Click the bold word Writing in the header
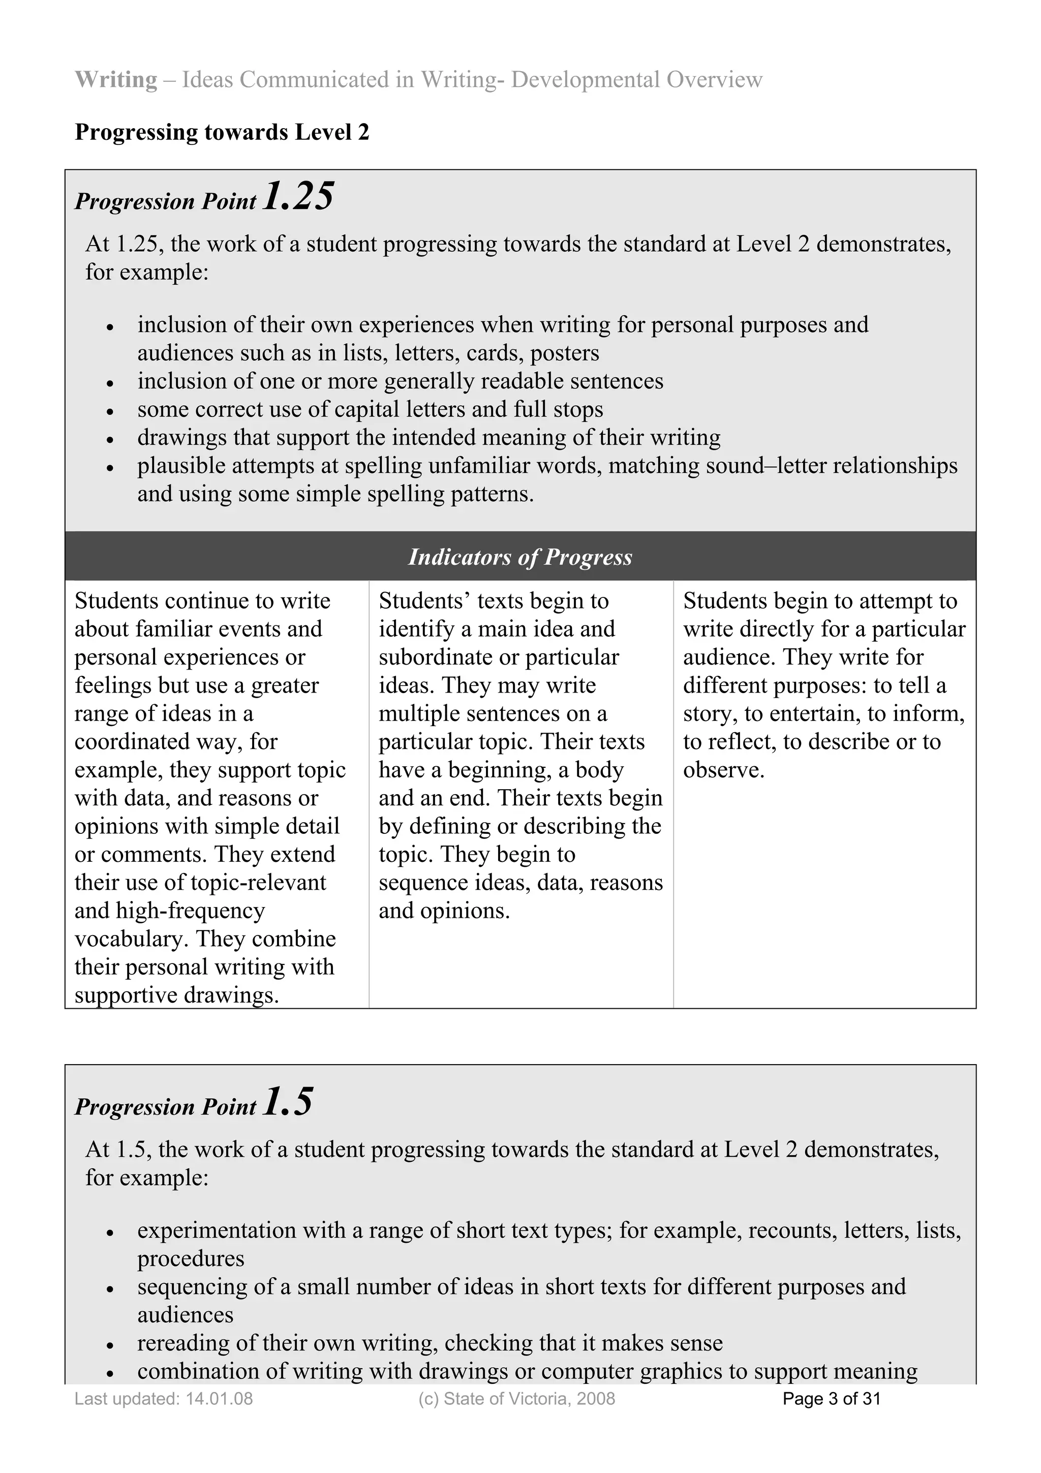coord(116,79)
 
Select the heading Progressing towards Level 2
coord(222,132)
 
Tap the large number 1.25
coord(298,196)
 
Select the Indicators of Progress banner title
coord(520,557)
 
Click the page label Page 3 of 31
coord(831,1399)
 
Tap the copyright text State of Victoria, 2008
coord(529,1399)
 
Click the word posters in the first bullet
coord(564,353)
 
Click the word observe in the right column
coord(723,770)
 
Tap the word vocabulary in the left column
coord(132,939)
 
